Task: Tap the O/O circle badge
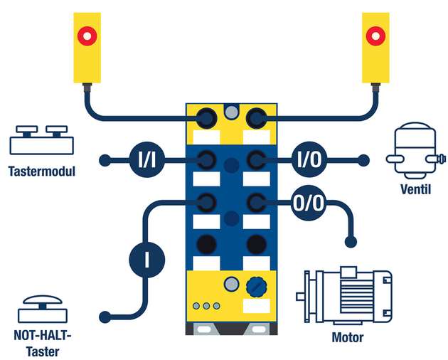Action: [x=309, y=203]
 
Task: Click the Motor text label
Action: [x=348, y=337]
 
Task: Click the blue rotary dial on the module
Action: [x=255, y=286]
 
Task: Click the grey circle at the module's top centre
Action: [x=230, y=112]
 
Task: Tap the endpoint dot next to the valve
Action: [x=365, y=160]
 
